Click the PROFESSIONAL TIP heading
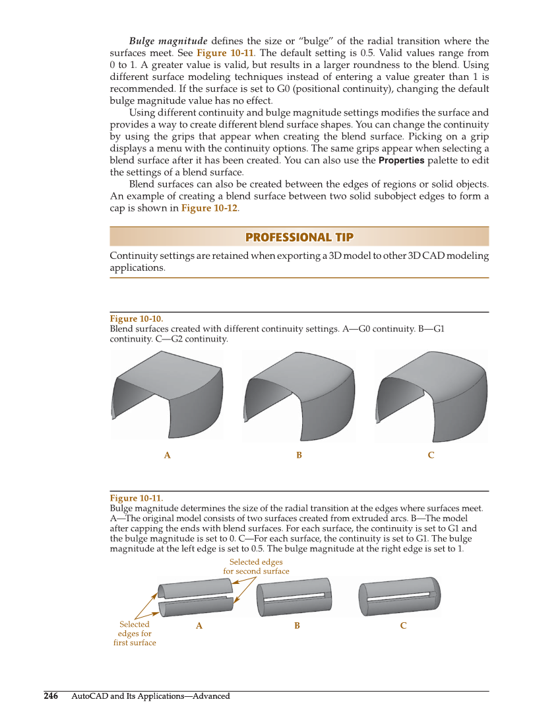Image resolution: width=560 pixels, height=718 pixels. click(x=299, y=237)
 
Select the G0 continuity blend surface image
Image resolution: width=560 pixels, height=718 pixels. click(x=168, y=395)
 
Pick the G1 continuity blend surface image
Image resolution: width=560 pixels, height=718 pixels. click(x=299, y=395)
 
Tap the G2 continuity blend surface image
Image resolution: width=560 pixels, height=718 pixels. click(x=431, y=395)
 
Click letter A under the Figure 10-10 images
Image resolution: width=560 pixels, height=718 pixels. click(x=168, y=455)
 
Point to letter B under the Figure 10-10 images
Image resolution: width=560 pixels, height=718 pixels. click(x=299, y=455)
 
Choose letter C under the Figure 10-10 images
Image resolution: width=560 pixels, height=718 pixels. click(x=431, y=455)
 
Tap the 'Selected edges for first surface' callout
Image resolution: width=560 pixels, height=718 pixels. click(x=135, y=633)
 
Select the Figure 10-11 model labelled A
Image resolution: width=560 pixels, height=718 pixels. click(x=196, y=597)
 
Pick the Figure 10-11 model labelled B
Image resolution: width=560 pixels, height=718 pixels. click(x=297, y=597)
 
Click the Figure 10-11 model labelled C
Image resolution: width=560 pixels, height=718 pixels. click(x=399, y=596)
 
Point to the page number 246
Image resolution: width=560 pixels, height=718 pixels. click(x=51, y=696)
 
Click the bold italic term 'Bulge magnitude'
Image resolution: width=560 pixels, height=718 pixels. click(x=168, y=41)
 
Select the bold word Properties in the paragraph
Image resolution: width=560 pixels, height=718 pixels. click(x=401, y=161)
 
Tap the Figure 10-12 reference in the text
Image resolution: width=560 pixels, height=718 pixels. click(x=210, y=208)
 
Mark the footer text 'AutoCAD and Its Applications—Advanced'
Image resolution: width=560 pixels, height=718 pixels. click(x=150, y=696)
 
